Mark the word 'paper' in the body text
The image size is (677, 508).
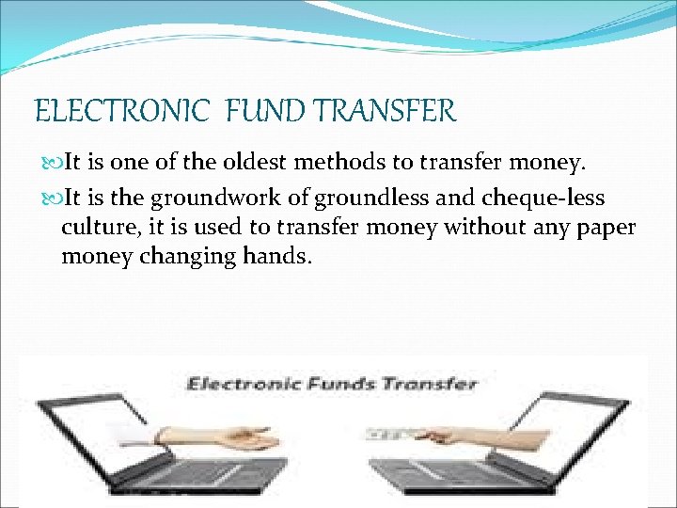[x=607, y=228]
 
